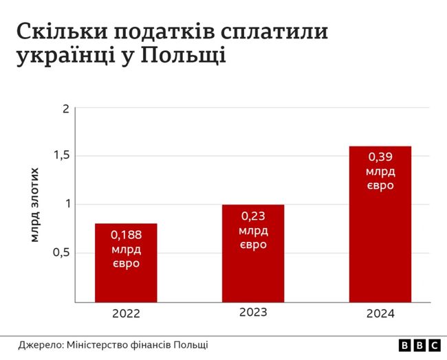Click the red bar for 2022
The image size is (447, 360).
(x=126, y=262)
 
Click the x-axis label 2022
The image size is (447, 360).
(x=126, y=314)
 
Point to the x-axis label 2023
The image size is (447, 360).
(x=253, y=312)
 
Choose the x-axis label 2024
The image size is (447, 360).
(x=380, y=314)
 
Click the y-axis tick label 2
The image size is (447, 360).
(x=65, y=109)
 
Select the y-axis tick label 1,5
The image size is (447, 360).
(x=63, y=156)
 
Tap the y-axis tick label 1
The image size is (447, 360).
(x=67, y=204)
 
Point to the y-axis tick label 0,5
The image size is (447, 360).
(x=63, y=252)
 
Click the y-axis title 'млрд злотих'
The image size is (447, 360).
(x=34, y=204)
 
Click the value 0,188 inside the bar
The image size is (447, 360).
(x=126, y=234)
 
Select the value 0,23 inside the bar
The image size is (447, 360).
(x=253, y=216)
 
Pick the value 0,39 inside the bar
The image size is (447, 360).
(x=380, y=157)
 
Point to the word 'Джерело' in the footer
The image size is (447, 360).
(x=40, y=345)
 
